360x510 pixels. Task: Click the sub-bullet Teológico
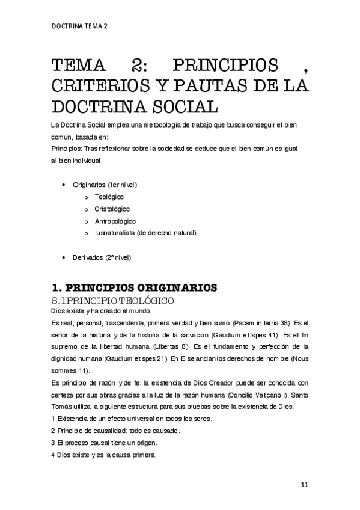coord(109,197)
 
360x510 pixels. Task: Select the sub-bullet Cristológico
coord(112,209)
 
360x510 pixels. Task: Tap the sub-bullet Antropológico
coord(115,221)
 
